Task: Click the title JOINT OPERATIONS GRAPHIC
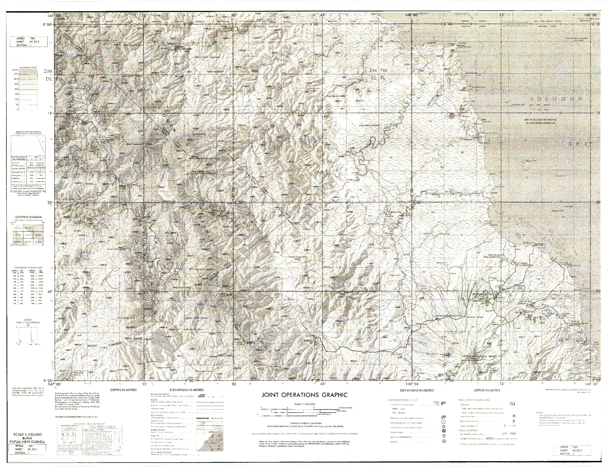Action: pyautogui.click(x=304, y=395)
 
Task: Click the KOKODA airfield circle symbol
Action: pyautogui.click(x=315, y=340)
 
